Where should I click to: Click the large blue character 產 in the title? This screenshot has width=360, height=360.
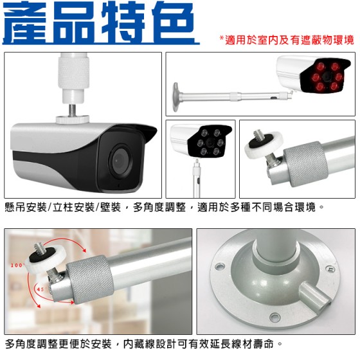[25, 22]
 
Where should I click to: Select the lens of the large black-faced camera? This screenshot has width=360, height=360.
[120, 161]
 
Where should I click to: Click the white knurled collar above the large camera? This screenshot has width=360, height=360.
[73, 73]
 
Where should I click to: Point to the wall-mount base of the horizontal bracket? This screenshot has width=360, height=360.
[176, 97]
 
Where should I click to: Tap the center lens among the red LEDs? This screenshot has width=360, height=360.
[327, 76]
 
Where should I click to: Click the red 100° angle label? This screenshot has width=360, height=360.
[17, 265]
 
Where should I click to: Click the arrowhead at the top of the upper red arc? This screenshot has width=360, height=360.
[84, 250]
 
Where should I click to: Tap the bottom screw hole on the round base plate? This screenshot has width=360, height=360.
[275, 318]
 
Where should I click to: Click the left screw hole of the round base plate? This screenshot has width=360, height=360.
[219, 267]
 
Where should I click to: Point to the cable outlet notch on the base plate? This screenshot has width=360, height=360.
[316, 296]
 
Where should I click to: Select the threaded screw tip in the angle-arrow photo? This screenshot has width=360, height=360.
[38, 249]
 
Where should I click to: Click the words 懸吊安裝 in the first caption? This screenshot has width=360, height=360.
[26, 207]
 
